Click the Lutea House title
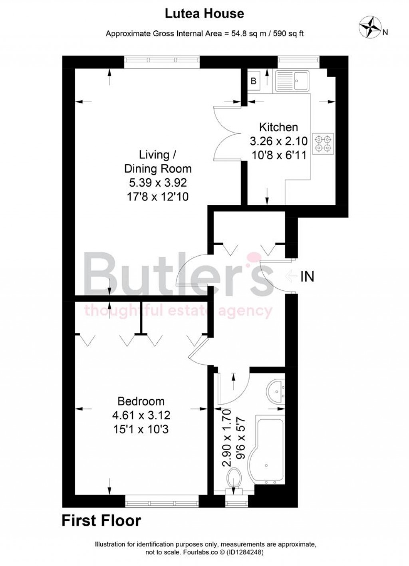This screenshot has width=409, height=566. [204, 14]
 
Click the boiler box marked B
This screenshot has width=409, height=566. [253, 81]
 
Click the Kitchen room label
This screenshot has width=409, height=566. [278, 127]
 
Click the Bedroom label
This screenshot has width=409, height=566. [141, 401]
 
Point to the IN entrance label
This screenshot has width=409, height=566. [307, 276]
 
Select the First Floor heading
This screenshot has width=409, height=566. [101, 521]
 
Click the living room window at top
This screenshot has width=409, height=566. [161, 60]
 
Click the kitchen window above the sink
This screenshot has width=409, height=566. [299, 60]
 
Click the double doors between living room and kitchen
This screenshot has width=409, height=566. [228, 134]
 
